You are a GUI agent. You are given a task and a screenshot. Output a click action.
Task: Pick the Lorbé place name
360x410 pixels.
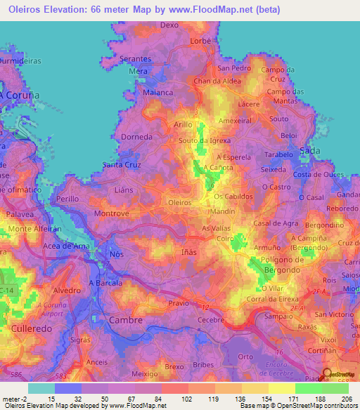pyautogui.click(x=201, y=42)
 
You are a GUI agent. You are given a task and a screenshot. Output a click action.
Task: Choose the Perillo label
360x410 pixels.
pyautogui.click(x=68, y=199)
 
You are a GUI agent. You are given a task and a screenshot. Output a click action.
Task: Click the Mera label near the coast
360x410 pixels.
pyautogui.click(x=137, y=71)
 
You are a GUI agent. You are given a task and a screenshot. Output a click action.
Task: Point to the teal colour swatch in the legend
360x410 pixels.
pyautogui.click(x=41, y=388)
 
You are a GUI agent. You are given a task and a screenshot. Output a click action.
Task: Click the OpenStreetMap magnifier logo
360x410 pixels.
pyautogui.click(x=326, y=375)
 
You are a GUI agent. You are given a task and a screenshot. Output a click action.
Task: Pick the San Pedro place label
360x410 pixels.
pyautogui.click(x=233, y=68)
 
